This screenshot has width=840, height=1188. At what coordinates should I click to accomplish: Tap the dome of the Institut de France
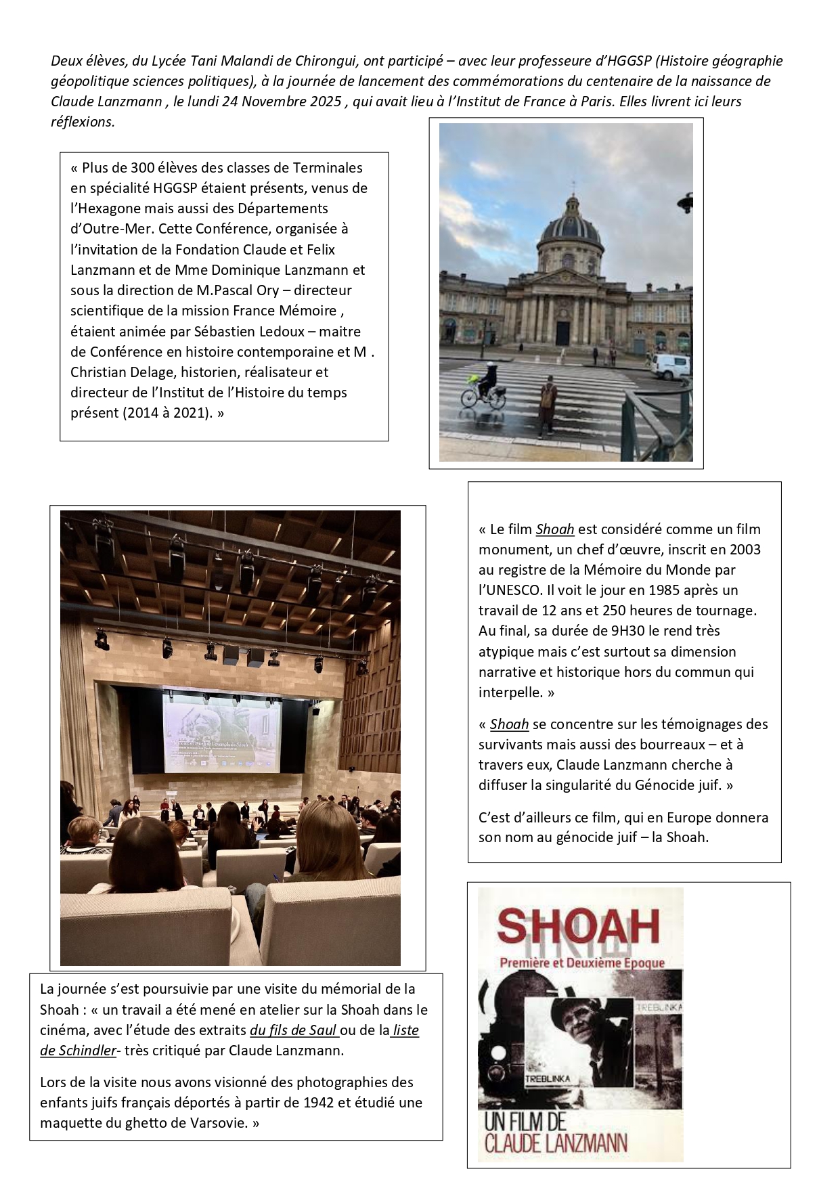(x=569, y=223)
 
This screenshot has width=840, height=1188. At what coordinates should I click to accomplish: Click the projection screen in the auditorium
(x=221, y=730)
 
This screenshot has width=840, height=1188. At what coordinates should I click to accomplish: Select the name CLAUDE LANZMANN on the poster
(x=556, y=1143)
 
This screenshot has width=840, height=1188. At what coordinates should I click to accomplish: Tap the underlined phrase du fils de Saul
(x=293, y=1030)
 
